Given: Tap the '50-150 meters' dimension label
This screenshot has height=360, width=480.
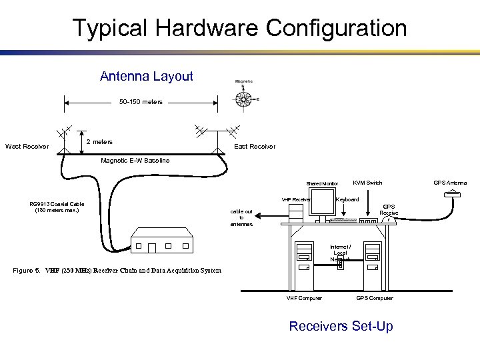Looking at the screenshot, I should tap(141, 102).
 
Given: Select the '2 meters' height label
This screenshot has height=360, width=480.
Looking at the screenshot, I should tap(100, 141).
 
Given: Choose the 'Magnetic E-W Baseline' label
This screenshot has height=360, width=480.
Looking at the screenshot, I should tap(135, 160).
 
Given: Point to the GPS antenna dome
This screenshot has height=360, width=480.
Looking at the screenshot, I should tap(453, 193).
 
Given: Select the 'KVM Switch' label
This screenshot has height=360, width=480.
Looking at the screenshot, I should tap(367, 183).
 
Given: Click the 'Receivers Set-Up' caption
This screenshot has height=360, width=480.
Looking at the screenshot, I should tap(340, 326).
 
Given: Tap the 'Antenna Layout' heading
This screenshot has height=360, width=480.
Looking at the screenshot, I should tap(146, 76).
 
